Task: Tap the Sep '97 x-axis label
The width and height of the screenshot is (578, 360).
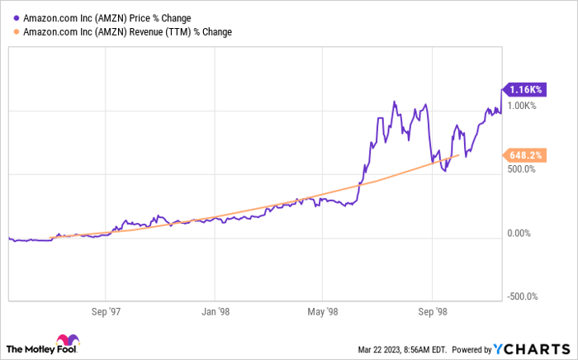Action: (107, 311)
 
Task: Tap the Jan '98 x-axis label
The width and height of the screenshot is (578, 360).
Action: (215, 311)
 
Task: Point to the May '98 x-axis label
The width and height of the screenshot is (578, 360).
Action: (323, 311)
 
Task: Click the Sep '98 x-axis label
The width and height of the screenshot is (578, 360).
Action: (432, 311)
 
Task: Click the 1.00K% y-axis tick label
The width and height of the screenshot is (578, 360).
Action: (522, 106)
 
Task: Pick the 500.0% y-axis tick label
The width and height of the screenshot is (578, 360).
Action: (521, 169)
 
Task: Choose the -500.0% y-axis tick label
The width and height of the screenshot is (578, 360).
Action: (523, 296)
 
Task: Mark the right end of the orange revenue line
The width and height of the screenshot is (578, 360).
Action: (459, 155)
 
